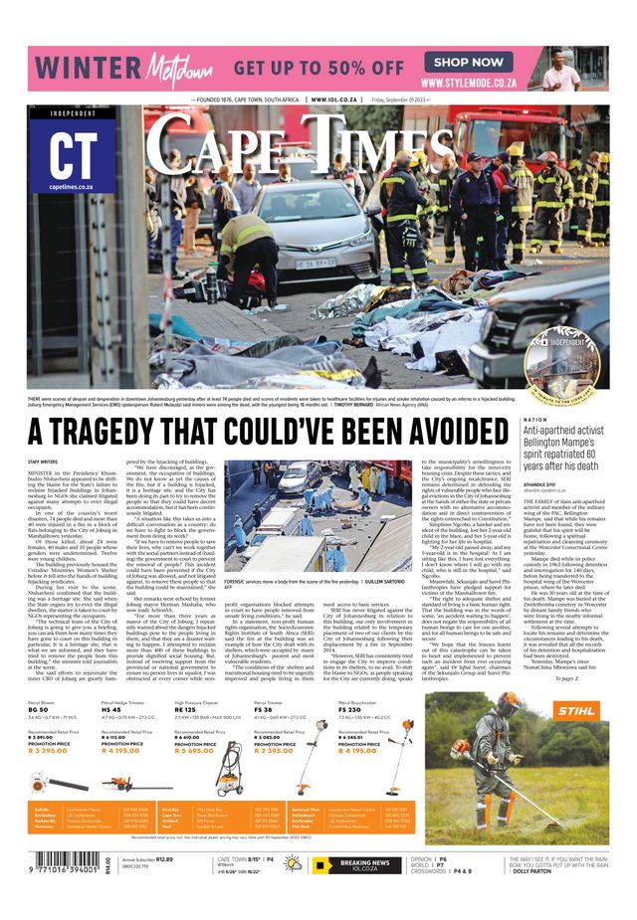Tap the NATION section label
point(534,420)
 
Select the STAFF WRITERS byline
point(42,462)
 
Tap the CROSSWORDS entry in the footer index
point(430,871)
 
